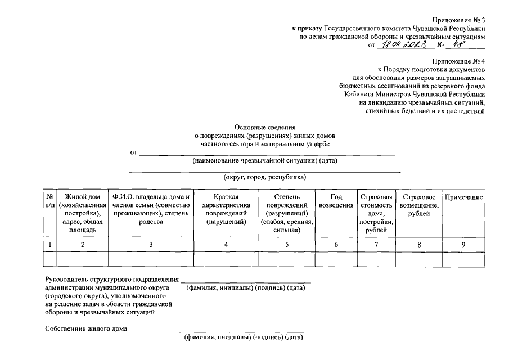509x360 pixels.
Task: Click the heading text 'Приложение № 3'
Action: coord(458,20)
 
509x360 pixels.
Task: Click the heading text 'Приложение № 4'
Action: coord(458,60)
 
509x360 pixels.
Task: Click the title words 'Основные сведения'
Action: coord(265,127)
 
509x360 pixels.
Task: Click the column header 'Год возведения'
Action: coord(336,201)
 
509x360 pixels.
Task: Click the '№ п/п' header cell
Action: coord(50,201)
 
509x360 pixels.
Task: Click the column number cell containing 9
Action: coord(463,244)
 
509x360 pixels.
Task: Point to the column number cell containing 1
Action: coord(50,244)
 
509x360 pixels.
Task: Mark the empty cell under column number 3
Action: coord(150,259)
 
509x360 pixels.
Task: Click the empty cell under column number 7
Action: coord(376,259)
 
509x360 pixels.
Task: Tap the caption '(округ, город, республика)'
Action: coord(265,177)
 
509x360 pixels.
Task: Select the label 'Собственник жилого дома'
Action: coord(87,328)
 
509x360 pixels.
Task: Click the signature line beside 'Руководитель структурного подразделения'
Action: coord(245,280)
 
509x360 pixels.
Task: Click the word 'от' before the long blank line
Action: coord(134,152)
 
